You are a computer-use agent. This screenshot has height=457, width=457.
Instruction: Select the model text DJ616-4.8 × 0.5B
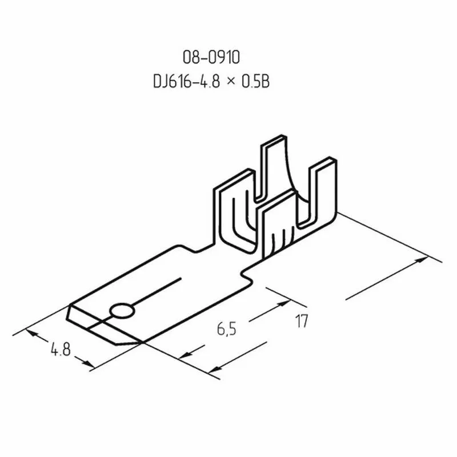[x=210, y=82]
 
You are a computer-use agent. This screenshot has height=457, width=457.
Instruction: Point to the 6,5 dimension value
[x=227, y=329]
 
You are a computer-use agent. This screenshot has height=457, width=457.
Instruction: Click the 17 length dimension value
[x=302, y=322]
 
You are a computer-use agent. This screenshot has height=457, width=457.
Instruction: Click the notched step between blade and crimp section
[x=248, y=274]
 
